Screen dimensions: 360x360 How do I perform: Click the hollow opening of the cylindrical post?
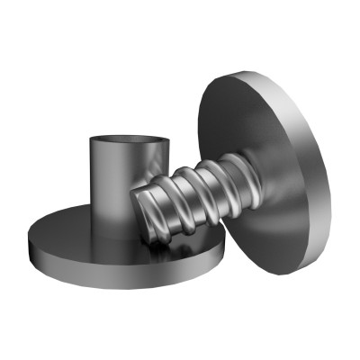point(129,141)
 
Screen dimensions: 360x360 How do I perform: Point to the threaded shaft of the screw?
point(193,193)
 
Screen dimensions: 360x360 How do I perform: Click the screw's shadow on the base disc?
point(171,247)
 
